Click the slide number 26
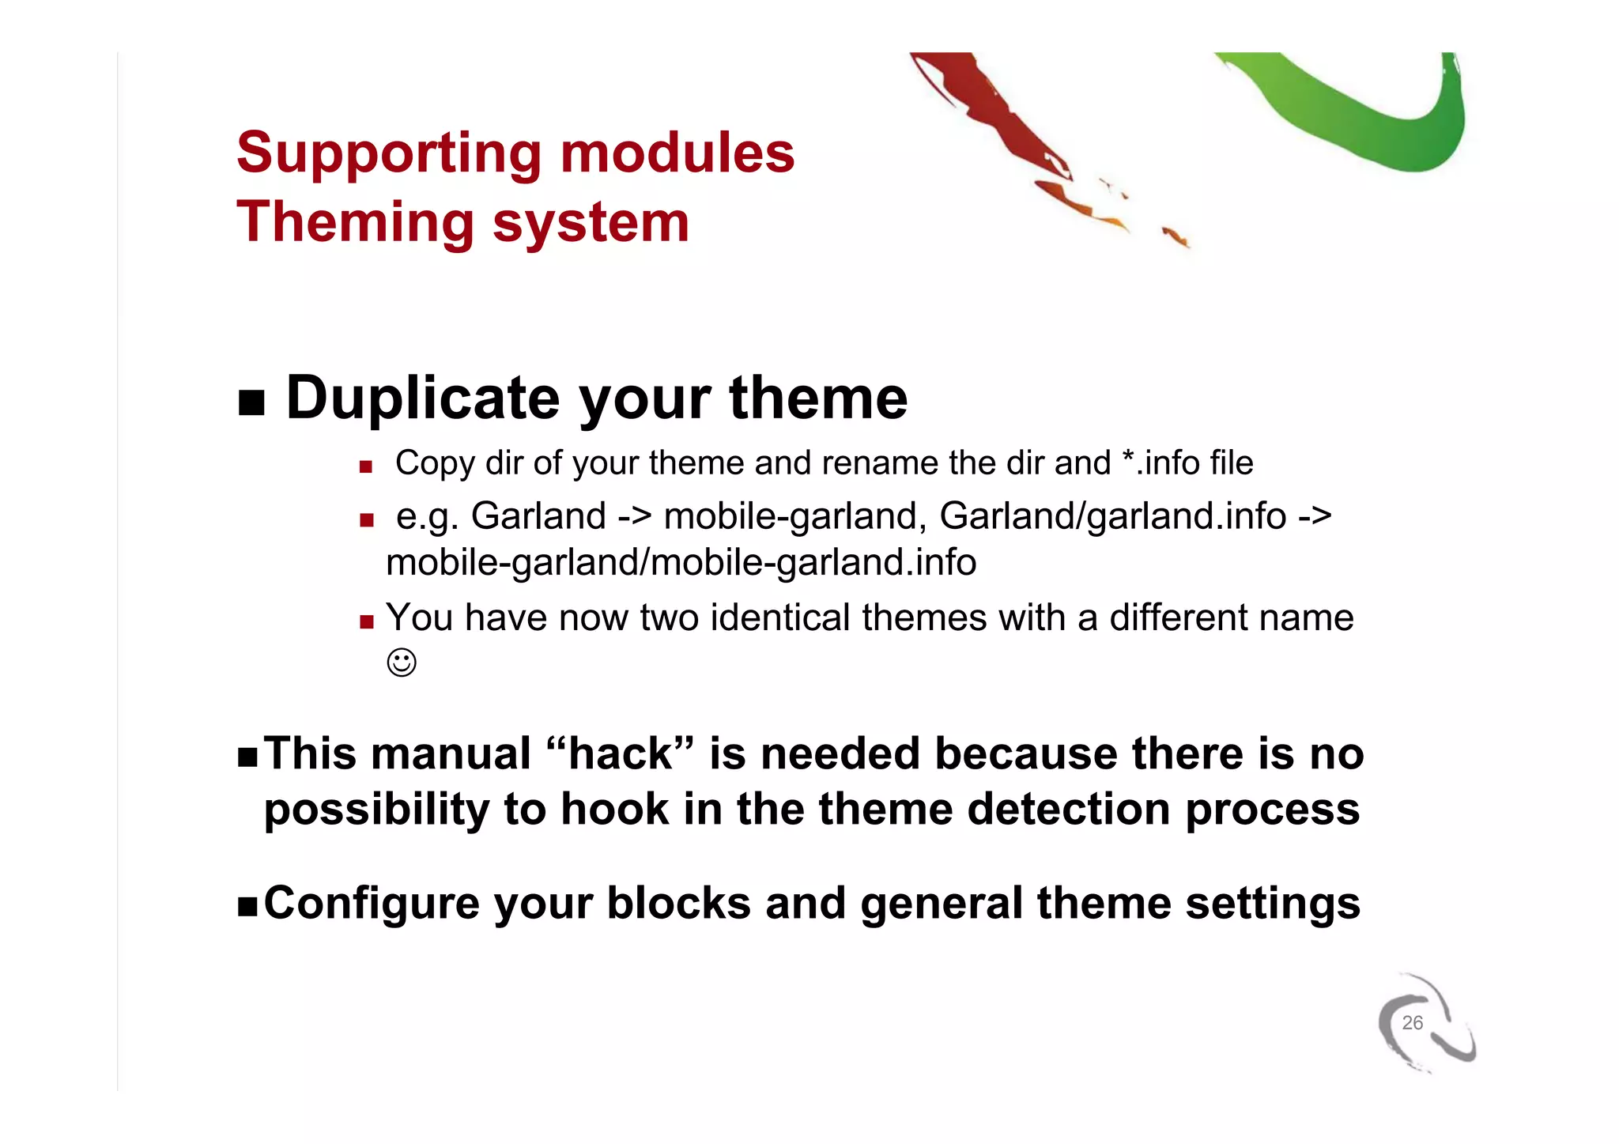[x=1412, y=1023]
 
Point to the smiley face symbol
[x=402, y=663]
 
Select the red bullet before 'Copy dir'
[x=365, y=467]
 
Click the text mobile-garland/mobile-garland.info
[x=681, y=563]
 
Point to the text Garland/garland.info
[x=1112, y=516]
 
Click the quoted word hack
[x=621, y=753]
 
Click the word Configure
[x=372, y=903]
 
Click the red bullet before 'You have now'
[x=366, y=622]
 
